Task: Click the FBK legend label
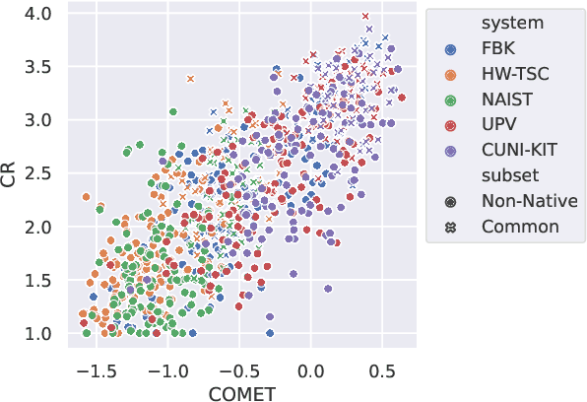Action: pos(498,48)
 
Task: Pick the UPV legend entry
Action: pos(498,125)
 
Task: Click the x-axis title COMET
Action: pos(239,393)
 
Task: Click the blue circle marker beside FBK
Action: pos(450,48)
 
